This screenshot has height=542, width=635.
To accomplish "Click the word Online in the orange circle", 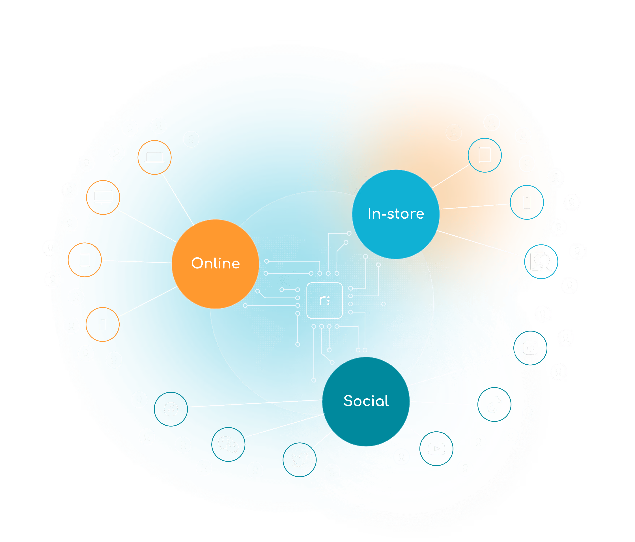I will pos(216,264).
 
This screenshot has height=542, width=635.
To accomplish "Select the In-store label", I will pos(396,214).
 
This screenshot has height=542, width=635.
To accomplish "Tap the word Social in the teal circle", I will pos(366,401).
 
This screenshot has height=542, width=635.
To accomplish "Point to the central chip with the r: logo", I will pos(324,300).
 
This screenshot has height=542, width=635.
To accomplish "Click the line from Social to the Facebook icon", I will pos(254,403).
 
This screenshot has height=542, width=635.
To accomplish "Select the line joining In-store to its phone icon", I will pos(475,206).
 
